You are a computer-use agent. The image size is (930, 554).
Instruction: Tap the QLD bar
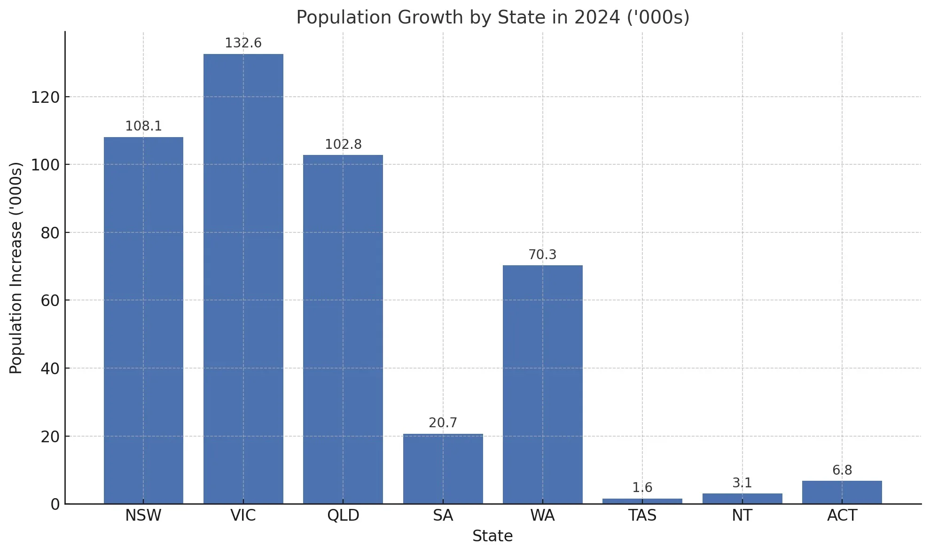pos(343,329)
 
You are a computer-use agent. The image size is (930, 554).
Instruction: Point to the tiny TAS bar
pos(642,501)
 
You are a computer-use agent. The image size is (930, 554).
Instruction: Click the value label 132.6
pos(243,43)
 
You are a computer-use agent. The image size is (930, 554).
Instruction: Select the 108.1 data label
pos(143,126)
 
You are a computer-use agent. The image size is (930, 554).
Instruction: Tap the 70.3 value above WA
pos(542,255)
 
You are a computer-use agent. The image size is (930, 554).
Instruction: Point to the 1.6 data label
pos(642,488)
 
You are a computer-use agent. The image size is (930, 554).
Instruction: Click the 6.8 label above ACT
pos(842,470)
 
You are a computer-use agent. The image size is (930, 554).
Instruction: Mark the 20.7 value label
pos(443,423)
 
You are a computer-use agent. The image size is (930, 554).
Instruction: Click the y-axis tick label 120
pos(46,98)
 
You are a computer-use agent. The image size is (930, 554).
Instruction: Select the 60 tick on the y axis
pos(50,300)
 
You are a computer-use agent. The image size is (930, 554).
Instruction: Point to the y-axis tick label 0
pos(55,504)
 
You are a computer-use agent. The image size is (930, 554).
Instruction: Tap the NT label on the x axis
pos(742,516)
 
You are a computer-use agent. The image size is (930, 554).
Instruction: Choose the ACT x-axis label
pos(842,516)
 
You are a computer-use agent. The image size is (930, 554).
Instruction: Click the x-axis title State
pos(492,536)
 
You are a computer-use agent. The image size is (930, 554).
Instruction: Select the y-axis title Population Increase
pos(16,268)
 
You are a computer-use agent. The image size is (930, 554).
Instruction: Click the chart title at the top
pos(492,17)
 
